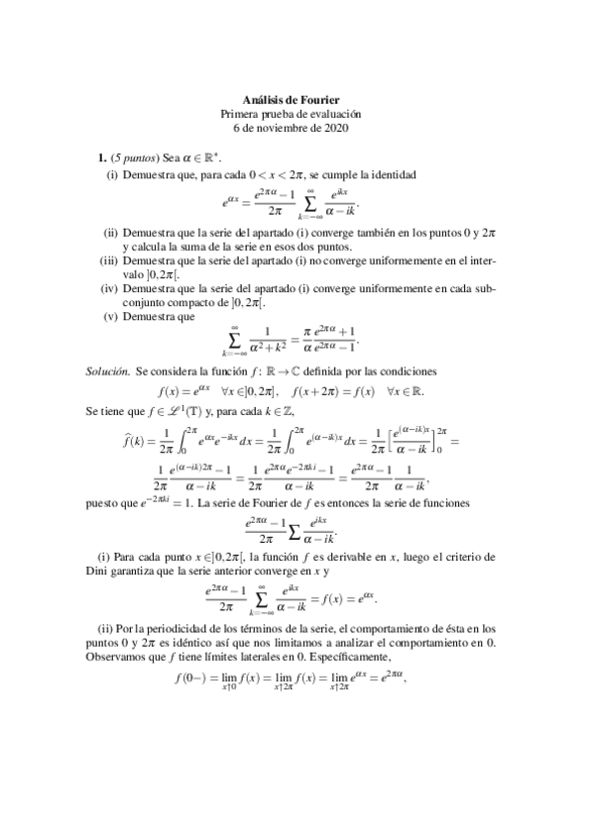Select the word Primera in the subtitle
[244, 114]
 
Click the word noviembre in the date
[288, 128]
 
